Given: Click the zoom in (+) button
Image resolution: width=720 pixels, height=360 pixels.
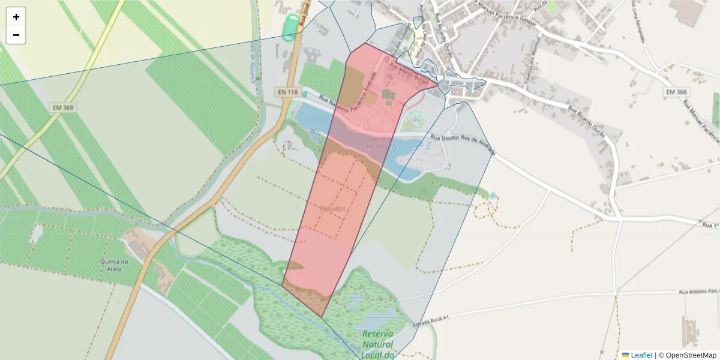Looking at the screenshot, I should pyautogui.click(x=16, y=17).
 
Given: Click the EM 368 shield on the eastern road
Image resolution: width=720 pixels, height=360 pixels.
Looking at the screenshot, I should pyautogui.click(x=676, y=92).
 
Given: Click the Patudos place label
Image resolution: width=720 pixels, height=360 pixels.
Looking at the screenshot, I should pyautogui.click(x=332, y=208).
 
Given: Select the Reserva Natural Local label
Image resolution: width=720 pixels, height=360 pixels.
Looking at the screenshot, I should pyautogui.click(x=377, y=344).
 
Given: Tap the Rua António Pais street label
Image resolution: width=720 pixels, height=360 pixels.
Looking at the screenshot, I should pyautogui.click(x=699, y=291).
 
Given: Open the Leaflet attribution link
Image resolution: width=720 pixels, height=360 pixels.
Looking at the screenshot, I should pyautogui.click(x=641, y=355).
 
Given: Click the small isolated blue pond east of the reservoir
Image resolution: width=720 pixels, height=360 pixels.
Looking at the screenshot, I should pyautogui.click(x=493, y=196).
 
